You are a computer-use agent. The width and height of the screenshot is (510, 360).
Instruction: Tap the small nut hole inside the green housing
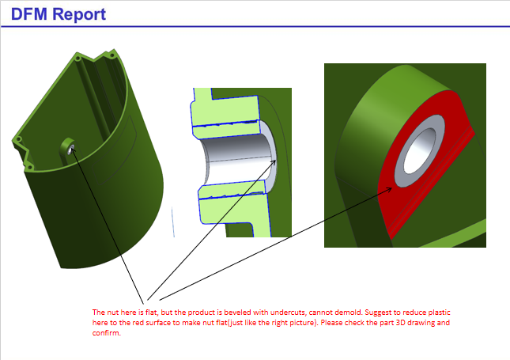(x=71, y=147)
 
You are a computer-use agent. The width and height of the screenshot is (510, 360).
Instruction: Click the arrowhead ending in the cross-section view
(x=278, y=161)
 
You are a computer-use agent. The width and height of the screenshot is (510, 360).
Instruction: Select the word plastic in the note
(x=438, y=313)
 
